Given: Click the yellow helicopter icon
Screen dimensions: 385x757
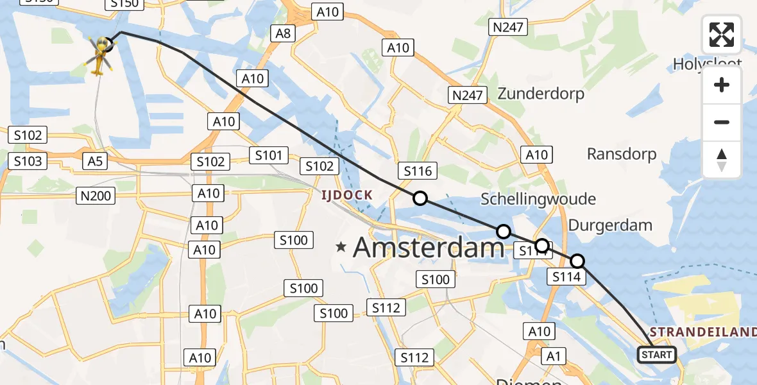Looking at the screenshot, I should coord(99,54).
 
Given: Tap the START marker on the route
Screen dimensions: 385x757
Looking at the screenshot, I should coord(656,354).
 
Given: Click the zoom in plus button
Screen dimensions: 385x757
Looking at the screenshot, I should coord(722,85).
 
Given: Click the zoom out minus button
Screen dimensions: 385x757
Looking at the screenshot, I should coord(722,122).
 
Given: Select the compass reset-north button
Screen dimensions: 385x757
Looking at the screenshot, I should coord(722,160).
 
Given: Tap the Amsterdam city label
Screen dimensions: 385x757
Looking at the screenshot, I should coord(429,247).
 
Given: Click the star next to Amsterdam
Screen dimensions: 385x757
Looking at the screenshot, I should coord(341,246).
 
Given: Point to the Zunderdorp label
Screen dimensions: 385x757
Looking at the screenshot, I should coord(541,94).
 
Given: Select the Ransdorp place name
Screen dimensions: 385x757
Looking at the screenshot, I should coord(622,154).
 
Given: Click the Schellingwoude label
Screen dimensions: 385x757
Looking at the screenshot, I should coord(538,200).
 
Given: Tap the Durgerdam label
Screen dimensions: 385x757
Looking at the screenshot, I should coord(610,225).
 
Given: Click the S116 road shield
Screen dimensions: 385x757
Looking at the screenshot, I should coord(418,171).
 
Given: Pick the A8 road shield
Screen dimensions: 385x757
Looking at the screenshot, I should coord(284,33).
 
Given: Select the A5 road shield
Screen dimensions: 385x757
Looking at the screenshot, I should coord(95,161).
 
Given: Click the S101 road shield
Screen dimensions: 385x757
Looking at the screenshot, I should coord(269,155).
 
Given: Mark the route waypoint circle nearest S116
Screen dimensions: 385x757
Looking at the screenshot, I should coord(420,198).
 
